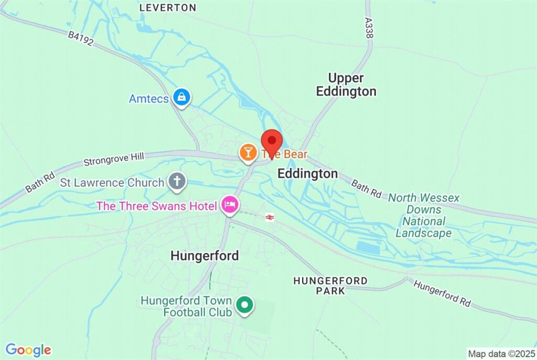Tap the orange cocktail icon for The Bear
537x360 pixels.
pos(248,153)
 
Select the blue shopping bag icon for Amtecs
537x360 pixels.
pos(181,97)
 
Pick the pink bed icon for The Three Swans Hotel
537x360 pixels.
pos(229,205)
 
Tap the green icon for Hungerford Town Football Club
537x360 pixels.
pos(244,304)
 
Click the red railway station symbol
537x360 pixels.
pos(270,217)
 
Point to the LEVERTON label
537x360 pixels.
pos(168,8)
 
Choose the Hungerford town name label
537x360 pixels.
pos(205,256)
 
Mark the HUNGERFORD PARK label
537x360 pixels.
pos(330,285)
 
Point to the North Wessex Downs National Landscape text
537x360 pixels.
pos(424,215)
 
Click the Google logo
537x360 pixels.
pos(28,350)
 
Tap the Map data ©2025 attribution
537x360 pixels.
pos(501,354)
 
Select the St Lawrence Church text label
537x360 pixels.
pos(112,183)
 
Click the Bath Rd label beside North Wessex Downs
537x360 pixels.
pos(366,189)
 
